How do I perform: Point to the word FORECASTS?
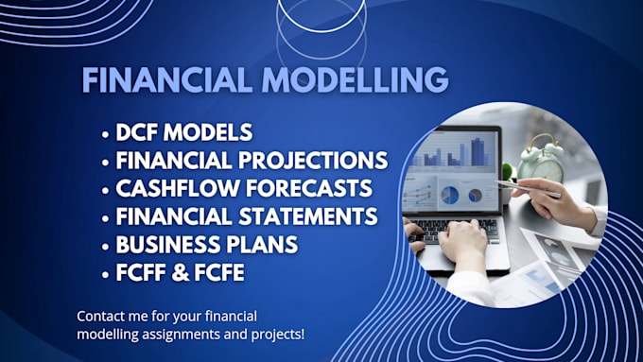point(314,189)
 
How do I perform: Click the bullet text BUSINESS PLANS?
point(206,245)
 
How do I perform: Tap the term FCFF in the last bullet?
point(143,272)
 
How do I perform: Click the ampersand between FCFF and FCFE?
point(184,272)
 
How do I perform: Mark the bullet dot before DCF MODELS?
point(105,133)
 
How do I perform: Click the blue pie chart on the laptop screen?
point(450,195)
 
